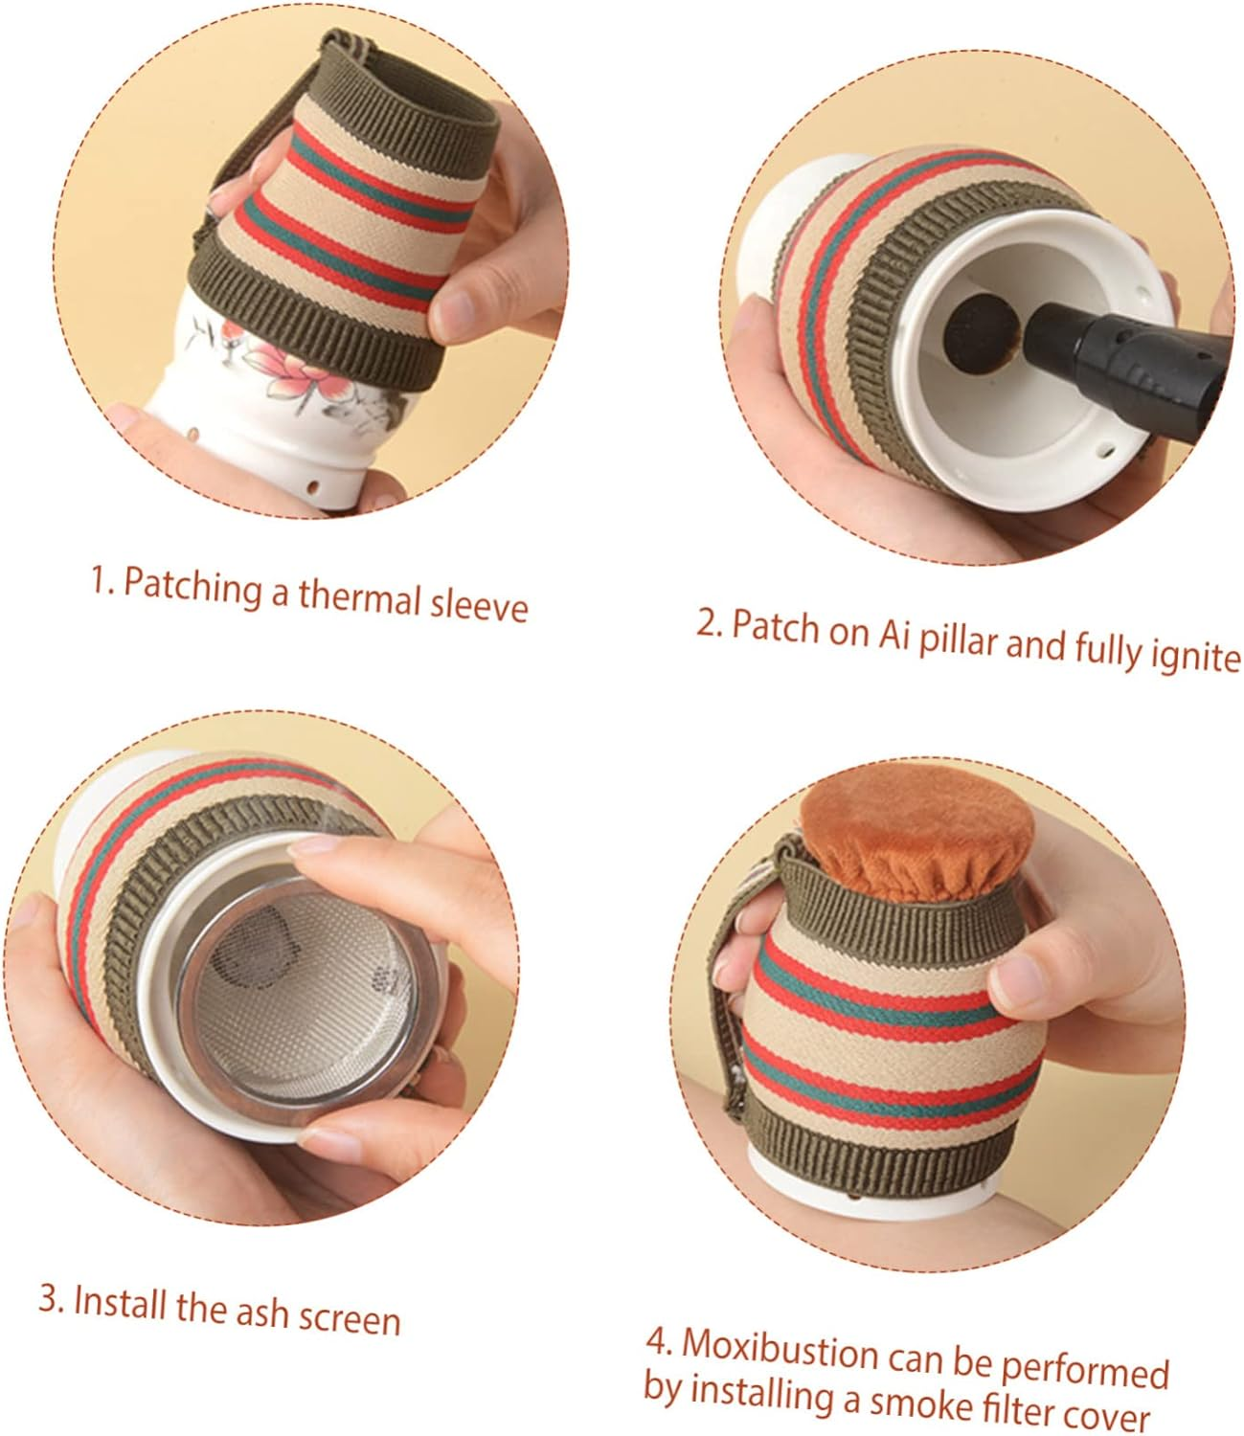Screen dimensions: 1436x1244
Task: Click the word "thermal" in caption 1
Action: tap(360, 596)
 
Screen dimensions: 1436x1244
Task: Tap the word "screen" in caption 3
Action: tap(349, 1318)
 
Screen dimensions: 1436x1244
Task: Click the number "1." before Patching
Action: tap(102, 579)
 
